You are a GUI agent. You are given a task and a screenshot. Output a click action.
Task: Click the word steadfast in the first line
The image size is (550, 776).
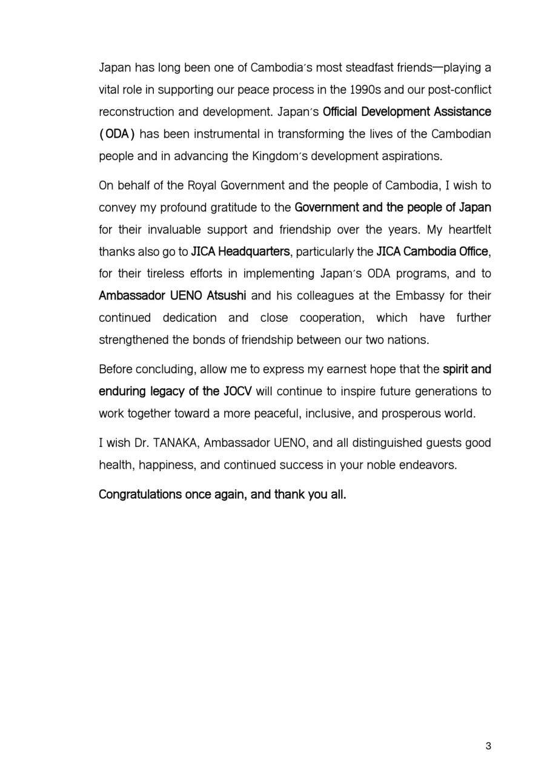[369, 67]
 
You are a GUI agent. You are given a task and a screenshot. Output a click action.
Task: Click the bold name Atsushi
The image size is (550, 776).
[227, 296]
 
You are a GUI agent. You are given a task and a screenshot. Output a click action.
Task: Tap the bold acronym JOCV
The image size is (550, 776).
[237, 391]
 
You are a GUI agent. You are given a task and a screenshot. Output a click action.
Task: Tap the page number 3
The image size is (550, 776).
[488, 746]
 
